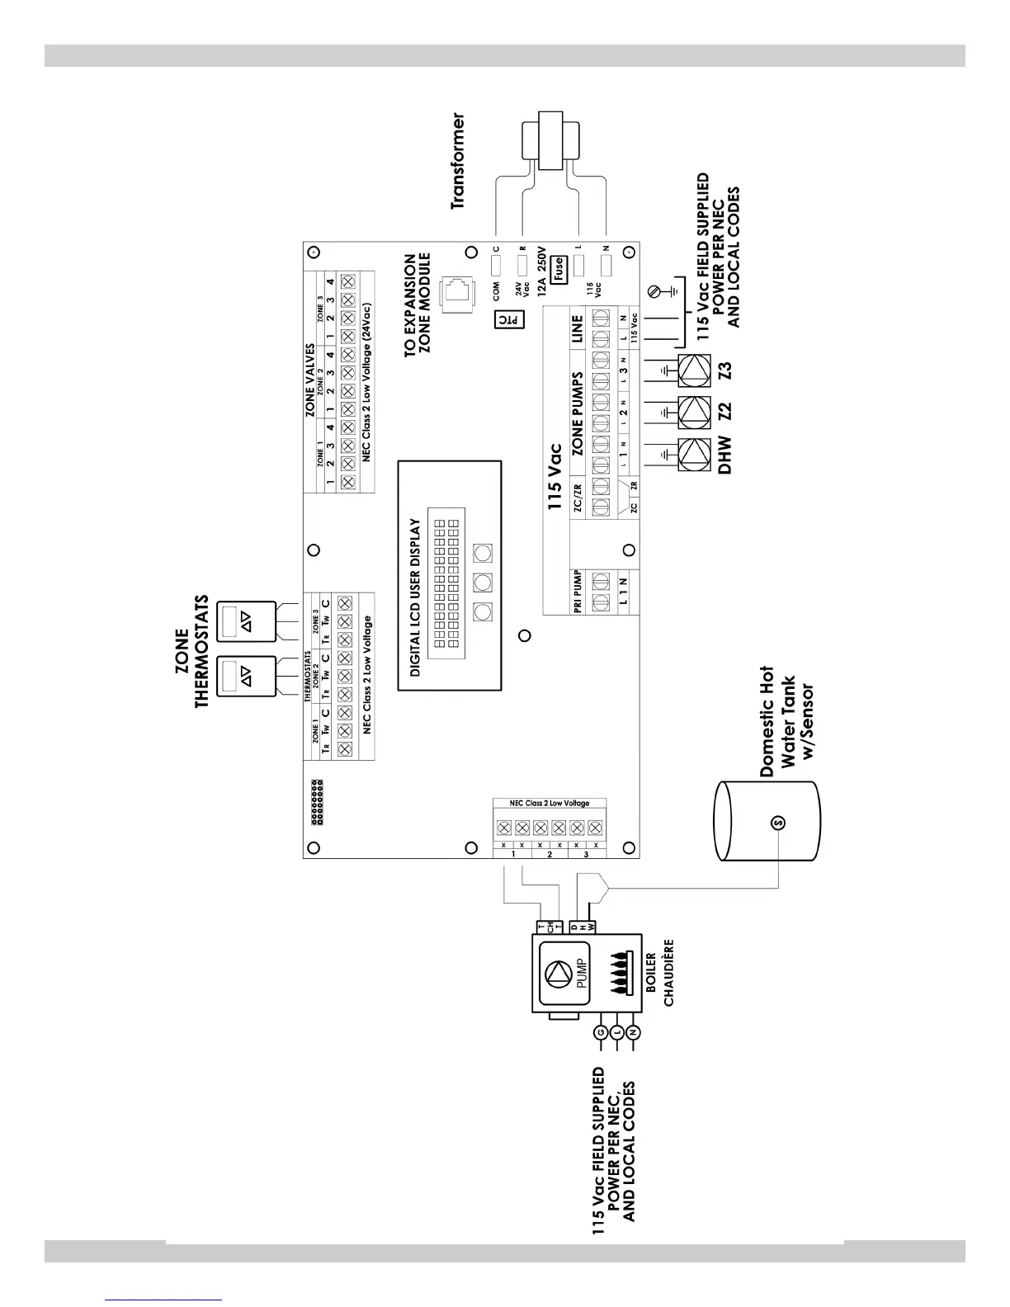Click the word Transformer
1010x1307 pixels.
click(x=458, y=162)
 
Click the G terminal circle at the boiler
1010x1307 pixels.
click(x=600, y=1032)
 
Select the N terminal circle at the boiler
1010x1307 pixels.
click(x=634, y=1032)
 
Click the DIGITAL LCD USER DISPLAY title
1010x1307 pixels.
click(x=415, y=597)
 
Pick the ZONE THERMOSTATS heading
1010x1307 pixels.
click(x=191, y=652)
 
